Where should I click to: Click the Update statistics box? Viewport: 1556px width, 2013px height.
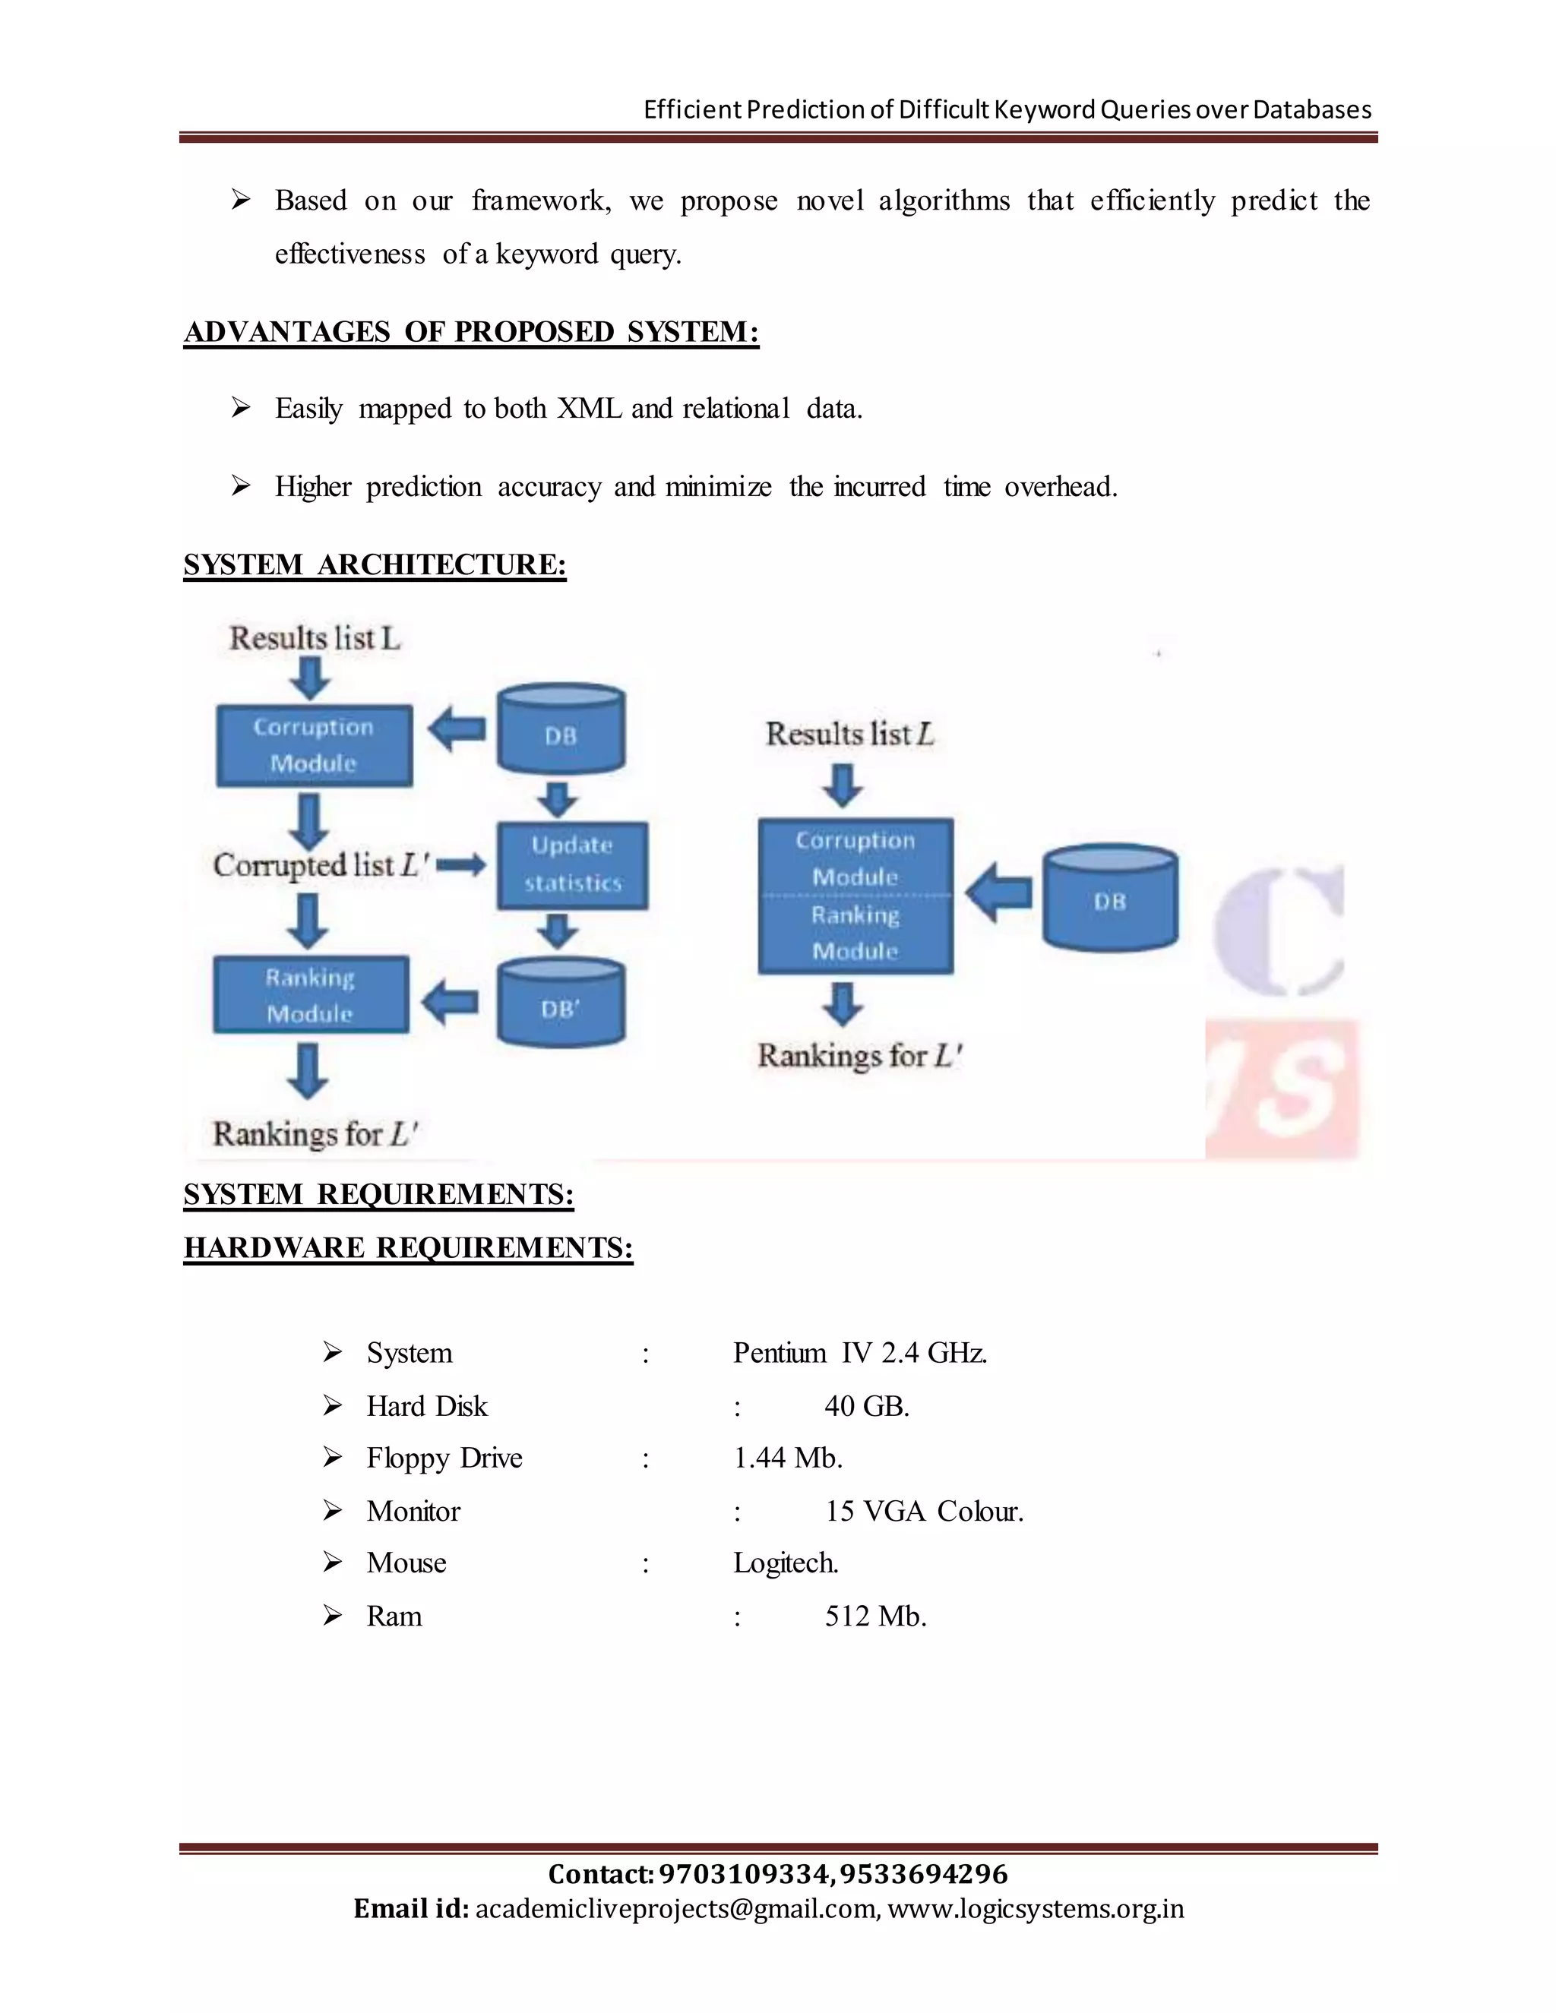(x=572, y=864)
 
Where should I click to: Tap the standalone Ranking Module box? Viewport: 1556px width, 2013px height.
(x=311, y=994)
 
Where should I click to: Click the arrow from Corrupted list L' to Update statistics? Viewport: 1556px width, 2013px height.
(x=461, y=865)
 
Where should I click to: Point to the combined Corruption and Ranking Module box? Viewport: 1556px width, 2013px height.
(x=855, y=895)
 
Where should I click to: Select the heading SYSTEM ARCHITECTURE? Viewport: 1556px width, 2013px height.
(x=375, y=564)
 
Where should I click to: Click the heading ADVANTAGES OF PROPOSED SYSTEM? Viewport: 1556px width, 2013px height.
(x=471, y=332)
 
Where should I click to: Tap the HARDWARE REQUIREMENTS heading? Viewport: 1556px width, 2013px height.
(x=408, y=1247)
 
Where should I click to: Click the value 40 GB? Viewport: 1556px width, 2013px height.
(x=866, y=1405)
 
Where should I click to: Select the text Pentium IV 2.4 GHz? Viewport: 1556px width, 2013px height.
(x=859, y=1352)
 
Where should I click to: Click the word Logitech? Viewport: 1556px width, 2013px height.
(x=786, y=1563)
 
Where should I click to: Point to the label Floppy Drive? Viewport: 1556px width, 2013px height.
(x=444, y=1457)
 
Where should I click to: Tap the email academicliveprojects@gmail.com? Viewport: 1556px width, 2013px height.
(x=677, y=1908)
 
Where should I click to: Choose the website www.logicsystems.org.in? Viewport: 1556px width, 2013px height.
(x=1036, y=1908)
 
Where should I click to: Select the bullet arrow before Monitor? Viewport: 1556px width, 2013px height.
(x=333, y=1511)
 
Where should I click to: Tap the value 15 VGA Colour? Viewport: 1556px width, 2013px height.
(x=924, y=1511)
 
